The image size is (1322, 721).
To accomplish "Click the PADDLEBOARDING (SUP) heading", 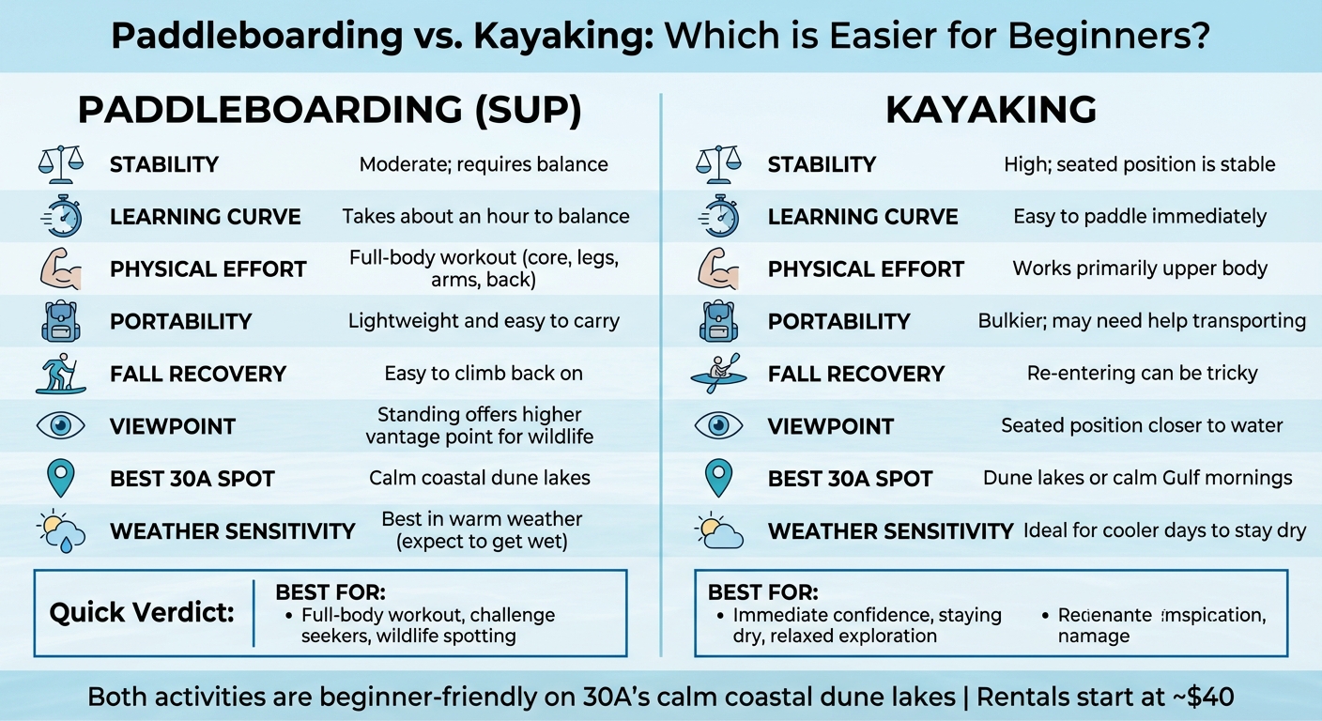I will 330,110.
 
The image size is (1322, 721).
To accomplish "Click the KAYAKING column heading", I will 991,110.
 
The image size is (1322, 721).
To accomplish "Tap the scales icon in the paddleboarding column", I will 60,164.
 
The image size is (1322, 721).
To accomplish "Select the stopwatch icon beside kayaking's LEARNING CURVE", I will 719,217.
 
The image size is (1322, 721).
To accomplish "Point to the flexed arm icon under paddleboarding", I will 60,268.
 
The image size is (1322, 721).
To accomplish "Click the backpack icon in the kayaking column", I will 719,321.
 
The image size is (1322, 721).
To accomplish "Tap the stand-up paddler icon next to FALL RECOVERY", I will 60,374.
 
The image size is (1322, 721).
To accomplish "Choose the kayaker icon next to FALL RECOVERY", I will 719,374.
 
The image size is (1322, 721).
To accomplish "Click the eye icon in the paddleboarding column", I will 60,425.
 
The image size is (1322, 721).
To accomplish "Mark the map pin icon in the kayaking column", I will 719,478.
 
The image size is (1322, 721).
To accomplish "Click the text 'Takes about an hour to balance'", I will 485,217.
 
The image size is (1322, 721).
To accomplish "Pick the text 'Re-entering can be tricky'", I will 1142,374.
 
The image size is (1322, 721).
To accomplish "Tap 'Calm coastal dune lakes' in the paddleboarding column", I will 480,478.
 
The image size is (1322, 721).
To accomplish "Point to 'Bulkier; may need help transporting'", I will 1142,321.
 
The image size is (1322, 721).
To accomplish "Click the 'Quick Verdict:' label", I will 141,613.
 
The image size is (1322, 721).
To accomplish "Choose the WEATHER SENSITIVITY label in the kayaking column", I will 890,531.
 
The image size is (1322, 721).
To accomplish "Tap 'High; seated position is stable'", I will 1139,164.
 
